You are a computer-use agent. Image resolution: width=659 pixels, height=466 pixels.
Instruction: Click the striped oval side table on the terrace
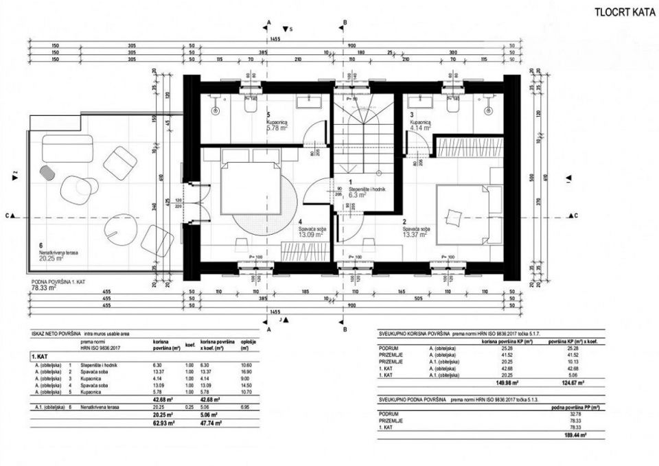click(47, 172)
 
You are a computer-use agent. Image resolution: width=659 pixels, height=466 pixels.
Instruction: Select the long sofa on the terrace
click(67, 148)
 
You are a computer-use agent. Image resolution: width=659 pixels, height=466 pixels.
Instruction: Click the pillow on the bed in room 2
click(453, 218)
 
